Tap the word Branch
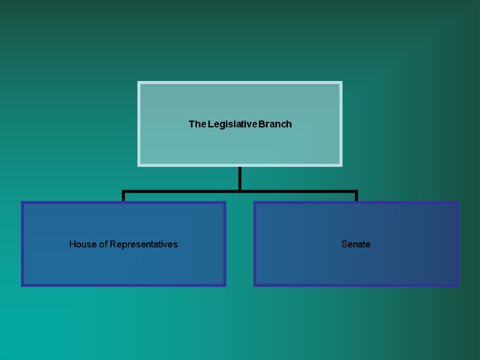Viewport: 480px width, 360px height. [276, 124]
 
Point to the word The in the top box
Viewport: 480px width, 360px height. [197, 124]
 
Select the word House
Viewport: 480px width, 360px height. [82, 244]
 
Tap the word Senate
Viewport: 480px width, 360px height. [356, 244]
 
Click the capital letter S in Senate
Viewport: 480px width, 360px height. [344, 244]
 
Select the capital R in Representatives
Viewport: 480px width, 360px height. [112, 244]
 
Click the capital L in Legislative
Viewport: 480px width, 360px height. [211, 124]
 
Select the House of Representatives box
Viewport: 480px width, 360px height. [124, 264]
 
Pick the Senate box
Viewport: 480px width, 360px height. [356, 264]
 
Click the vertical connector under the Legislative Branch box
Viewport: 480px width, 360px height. [240, 178]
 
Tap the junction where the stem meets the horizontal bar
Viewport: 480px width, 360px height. [240, 191]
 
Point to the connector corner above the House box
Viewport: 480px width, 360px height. [124, 192]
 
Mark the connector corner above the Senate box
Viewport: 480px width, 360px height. [356, 192]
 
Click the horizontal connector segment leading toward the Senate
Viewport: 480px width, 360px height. [300, 191]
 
